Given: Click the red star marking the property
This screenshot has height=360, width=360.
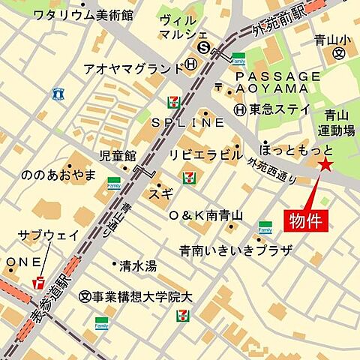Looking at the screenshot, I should [x=325, y=165].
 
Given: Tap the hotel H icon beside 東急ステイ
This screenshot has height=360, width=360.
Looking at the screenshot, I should [x=239, y=109].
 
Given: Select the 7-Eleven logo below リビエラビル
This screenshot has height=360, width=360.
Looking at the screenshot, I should [x=190, y=177].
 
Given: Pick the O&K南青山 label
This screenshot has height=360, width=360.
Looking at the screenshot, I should [x=206, y=216].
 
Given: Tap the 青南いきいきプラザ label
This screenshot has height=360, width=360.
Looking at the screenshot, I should [x=235, y=250].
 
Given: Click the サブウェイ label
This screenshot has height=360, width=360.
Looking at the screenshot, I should [x=48, y=235].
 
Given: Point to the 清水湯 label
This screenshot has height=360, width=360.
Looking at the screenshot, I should [x=138, y=265].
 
